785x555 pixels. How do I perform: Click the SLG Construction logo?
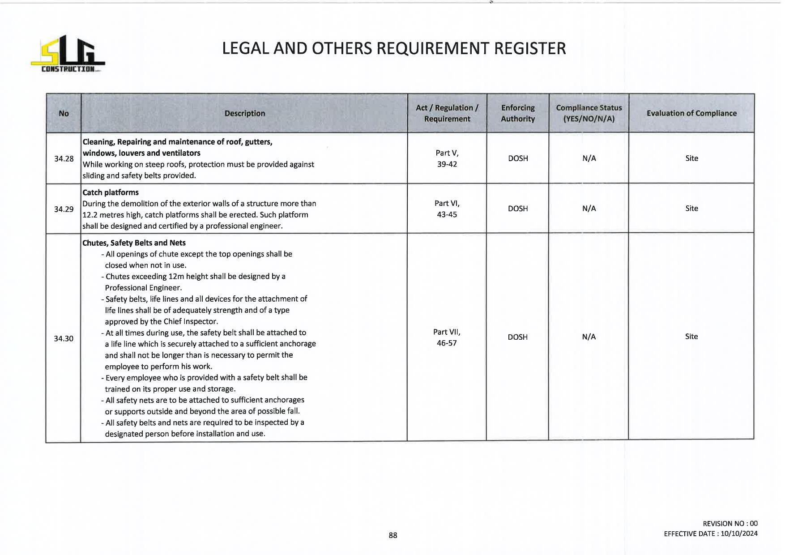[68, 54]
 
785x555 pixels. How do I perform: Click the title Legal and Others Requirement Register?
[394, 48]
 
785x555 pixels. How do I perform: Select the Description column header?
[245, 113]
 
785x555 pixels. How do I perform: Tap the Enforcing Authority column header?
[518, 113]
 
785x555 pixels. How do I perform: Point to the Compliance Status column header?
[589, 113]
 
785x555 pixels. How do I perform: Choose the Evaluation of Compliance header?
[691, 113]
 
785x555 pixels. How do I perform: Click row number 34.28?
[64, 158]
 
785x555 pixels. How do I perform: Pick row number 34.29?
[64, 209]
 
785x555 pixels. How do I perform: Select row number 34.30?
[64, 338]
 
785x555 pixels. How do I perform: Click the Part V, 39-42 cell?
[447, 158]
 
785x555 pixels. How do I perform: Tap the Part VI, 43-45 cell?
[447, 209]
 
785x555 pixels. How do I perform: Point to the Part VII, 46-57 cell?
[447, 337]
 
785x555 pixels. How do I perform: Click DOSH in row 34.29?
[518, 209]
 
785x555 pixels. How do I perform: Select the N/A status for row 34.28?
[589, 158]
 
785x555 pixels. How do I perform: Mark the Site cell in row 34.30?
[691, 337]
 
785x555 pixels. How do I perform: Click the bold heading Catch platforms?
[111, 192]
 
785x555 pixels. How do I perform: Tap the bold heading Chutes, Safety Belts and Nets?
[134, 243]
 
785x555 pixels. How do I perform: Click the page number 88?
[393, 535]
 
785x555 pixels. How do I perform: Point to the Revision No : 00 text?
[730, 524]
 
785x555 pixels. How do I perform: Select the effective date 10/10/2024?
[739, 534]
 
